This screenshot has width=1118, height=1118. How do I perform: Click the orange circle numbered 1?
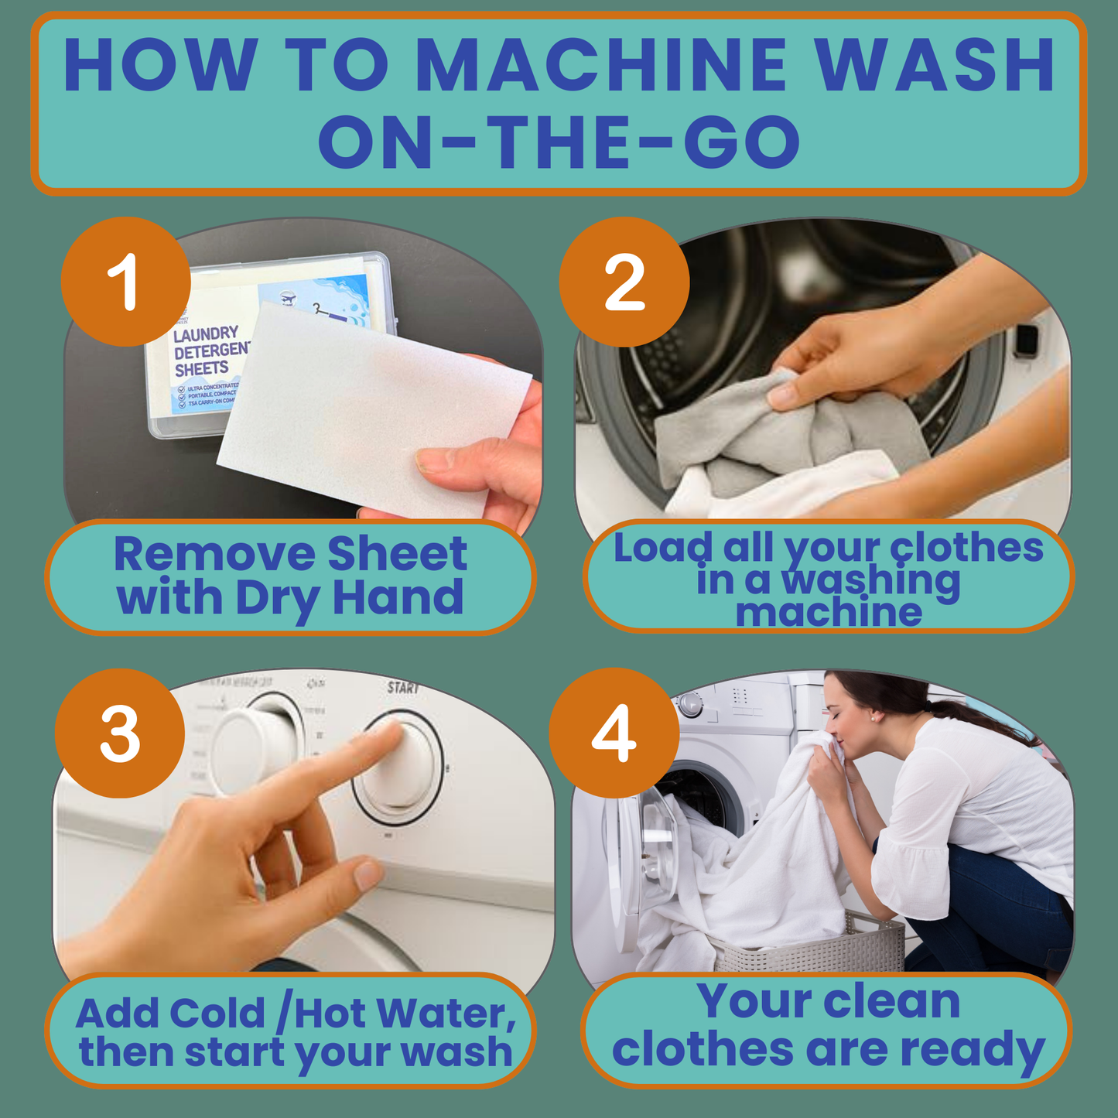point(125,282)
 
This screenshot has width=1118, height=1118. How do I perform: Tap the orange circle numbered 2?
point(624,282)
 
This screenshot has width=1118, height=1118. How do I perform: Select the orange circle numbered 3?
point(119,733)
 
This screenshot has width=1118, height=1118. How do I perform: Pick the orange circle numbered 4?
point(614,733)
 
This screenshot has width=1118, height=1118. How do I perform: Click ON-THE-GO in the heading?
point(559,142)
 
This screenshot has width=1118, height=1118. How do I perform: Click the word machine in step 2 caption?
point(828,613)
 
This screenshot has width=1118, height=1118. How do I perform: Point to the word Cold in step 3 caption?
point(218,1014)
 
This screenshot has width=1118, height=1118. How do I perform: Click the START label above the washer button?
point(402,687)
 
